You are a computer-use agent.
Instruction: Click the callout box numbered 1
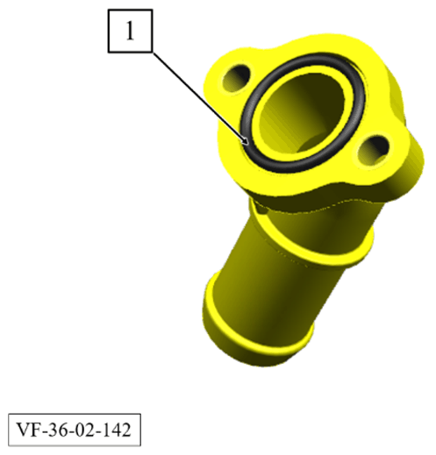pyautogui.click(x=130, y=31)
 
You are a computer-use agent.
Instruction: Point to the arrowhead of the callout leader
pyautogui.click(x=246, y=141)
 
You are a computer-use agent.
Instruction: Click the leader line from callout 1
pyautogui.click(x=201, y=99)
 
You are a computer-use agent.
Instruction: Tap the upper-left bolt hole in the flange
pyautogui.click(x=236, y=77)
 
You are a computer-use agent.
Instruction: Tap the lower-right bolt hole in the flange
pyautogui.click(x=374, y=150)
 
